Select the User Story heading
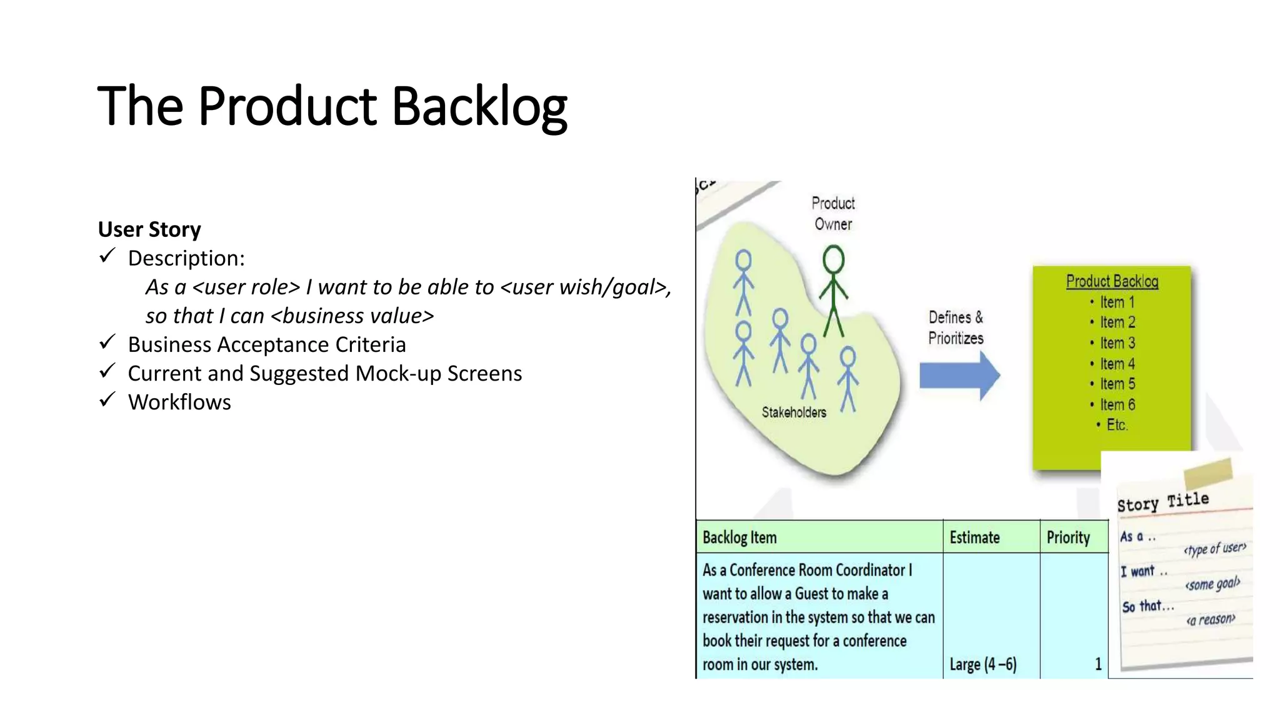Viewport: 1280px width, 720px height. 149,229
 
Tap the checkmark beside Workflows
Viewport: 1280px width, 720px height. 107,399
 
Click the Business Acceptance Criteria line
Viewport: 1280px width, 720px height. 267,344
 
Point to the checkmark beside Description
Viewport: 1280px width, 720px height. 107,256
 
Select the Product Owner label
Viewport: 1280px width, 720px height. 833,214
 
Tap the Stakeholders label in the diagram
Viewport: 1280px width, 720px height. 794,412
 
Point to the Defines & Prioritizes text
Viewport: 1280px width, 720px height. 956,327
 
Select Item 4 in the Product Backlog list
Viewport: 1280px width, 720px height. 1117,364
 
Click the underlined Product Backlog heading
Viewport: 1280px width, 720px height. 1112,282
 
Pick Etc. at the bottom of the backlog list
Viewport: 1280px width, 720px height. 1116,425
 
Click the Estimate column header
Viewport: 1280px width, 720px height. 974,537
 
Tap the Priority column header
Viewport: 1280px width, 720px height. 1068,537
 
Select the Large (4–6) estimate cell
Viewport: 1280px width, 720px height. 982,664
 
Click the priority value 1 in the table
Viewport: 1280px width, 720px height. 1097,664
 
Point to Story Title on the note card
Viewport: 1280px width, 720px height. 1162,502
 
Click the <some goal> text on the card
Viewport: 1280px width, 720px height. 1212,584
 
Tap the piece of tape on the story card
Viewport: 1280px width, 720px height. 1207,473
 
